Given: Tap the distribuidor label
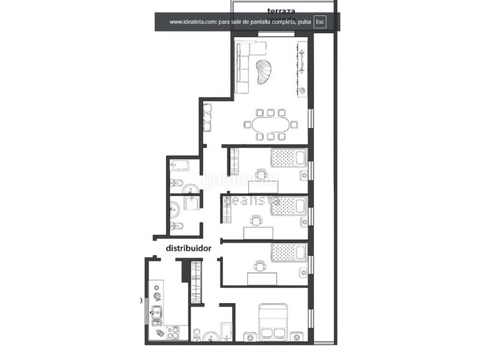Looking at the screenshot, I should pyautogui.click(x=190, y=247).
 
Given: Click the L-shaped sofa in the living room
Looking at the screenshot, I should pyautogui.click(x=242, y=67).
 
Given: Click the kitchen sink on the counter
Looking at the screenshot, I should pyautogui.click(x=158, y=313).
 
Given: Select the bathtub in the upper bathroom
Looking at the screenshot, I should pyautogui.click(x=180, y=165).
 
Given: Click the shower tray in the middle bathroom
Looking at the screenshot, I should pyautogui.click(x=193, y=204).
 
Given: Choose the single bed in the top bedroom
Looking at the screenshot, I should pyautogui.click(x=289, y=158).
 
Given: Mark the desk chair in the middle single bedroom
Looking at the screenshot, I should pyautogui.click(x=257, y=220).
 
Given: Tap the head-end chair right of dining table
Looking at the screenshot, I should pyautogui.click(x=294, y=125).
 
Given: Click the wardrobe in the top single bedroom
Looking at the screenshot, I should pyautogui.click(x=233, y=162).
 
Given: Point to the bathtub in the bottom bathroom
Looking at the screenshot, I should pyautogui.click(x=226, y=331).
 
